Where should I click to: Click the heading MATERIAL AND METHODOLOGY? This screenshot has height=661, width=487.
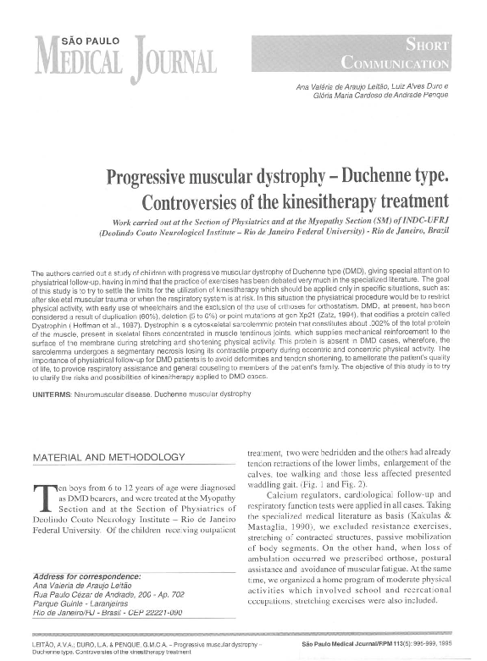(x=108, y=457)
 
